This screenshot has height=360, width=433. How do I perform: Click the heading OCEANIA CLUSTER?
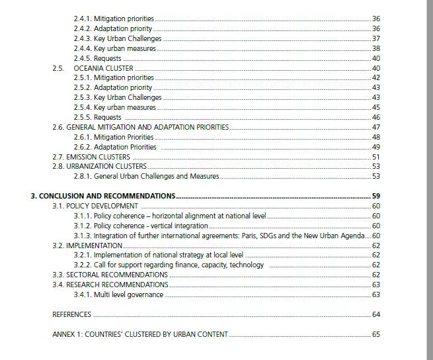point(103,68)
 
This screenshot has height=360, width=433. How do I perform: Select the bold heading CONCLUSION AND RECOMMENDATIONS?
point(103,196)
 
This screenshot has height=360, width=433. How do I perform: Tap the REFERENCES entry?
point(71,314)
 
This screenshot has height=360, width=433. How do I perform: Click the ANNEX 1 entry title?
point(140,334)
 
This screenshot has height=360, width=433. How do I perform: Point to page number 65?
point(376,334)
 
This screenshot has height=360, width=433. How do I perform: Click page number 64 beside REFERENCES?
point(376,314)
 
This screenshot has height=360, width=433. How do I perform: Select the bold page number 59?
point(376,196)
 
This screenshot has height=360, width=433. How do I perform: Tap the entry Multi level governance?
point(128,294)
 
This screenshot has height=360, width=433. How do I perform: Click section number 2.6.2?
point(83,147)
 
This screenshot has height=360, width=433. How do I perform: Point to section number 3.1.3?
point(83,236)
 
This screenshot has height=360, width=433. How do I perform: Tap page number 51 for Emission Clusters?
point(376,157)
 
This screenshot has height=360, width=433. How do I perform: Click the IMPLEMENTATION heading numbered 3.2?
point(94,246)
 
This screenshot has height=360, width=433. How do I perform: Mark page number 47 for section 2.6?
point(376,127)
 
